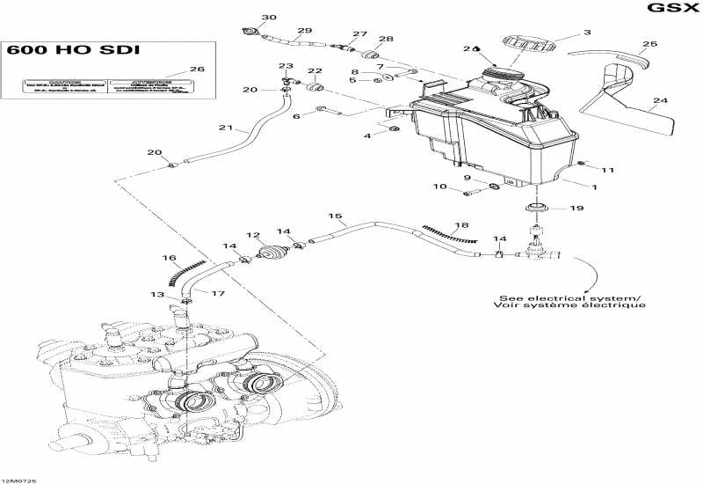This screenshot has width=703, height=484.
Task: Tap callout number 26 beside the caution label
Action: click(x=197, y=70)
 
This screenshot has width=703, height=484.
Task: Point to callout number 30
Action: click(x=269, y=18)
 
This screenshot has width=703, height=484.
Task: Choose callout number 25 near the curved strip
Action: click(x=649, y=43)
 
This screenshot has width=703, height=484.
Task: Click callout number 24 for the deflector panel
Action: click(x=660, y=100)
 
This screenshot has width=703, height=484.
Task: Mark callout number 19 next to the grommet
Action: click(x=576, y=209)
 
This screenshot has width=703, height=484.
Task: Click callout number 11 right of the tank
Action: click(x=608, y=169)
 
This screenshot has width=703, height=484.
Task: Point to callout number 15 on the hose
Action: click(x=335, y=216)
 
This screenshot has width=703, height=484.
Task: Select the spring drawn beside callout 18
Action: click(x=448, y=232)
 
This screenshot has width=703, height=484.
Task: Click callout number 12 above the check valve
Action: click(x=253, y=235)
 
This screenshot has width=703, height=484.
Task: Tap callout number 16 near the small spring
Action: click(x=168, y=258)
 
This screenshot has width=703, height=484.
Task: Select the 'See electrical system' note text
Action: click(x=571, y=301)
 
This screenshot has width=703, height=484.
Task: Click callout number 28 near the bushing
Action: click(x=386, y=39)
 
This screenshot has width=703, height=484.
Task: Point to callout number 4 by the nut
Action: click(x=368, y=136)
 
